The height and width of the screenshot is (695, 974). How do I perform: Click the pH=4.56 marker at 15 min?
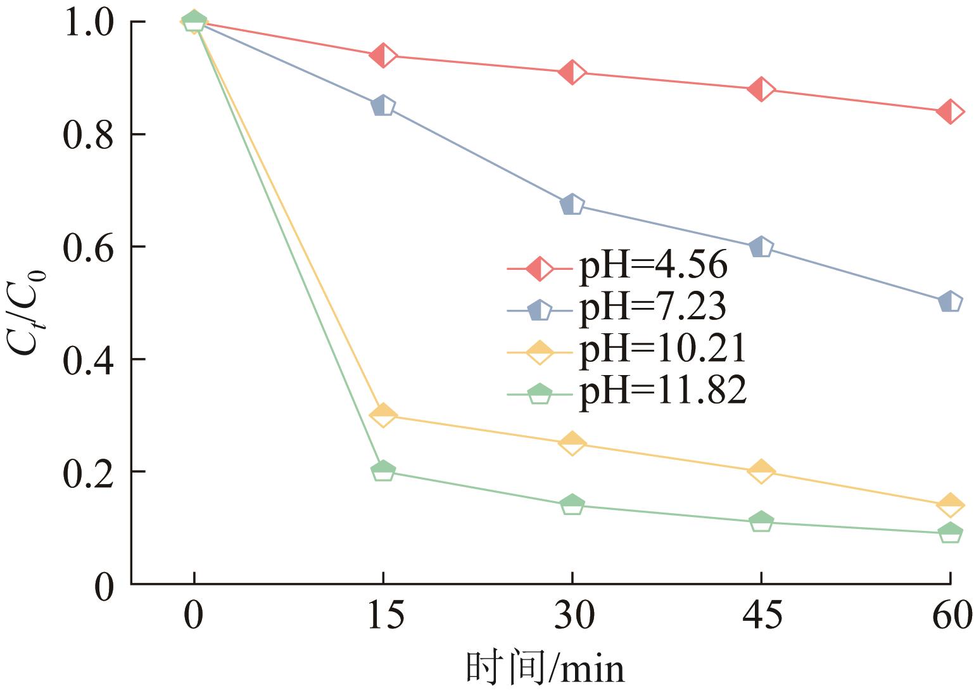pos(383,56)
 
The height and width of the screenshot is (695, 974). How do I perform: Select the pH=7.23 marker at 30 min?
pos(572,205)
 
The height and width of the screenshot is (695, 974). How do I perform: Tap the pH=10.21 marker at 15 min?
pos(383,416)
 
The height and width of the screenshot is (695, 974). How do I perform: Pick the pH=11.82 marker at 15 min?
pos(383,471)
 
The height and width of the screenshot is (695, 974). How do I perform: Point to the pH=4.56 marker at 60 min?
pos(950,112)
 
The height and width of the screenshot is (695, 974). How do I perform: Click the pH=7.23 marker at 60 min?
pos(950,302)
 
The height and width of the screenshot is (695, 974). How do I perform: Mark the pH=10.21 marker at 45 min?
pos(761,471)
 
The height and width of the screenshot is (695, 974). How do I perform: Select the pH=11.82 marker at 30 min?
pos(572,505)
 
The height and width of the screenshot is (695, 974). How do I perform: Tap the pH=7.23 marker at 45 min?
pos(761,247)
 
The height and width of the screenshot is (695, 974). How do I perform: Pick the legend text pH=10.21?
pos(662,350)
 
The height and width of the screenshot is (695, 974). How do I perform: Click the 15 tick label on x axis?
pos(384,616)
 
